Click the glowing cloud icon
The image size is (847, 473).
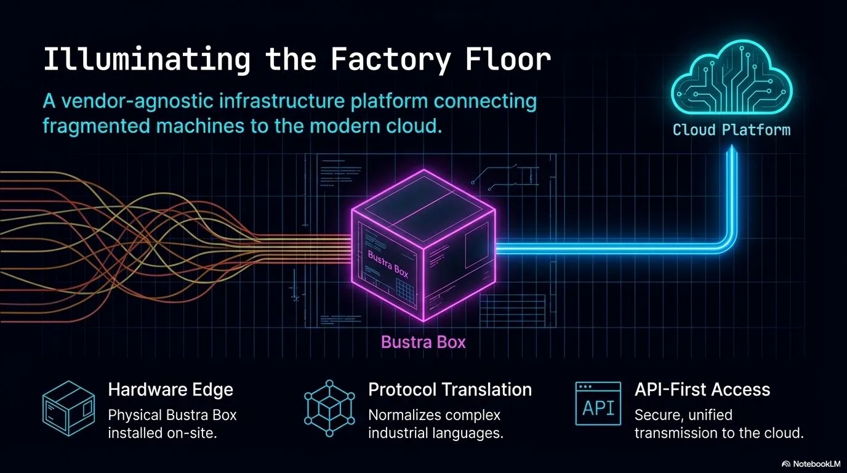731,79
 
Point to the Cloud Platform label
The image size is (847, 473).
731,130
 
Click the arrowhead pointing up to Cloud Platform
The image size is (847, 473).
731,150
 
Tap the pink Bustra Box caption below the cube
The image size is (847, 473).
423,341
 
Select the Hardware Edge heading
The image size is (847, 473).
171,389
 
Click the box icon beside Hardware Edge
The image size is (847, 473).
68,404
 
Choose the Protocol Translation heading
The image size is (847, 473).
450,389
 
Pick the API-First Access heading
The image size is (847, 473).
702,389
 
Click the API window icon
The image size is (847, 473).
597,404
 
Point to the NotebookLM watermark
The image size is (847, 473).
811,463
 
